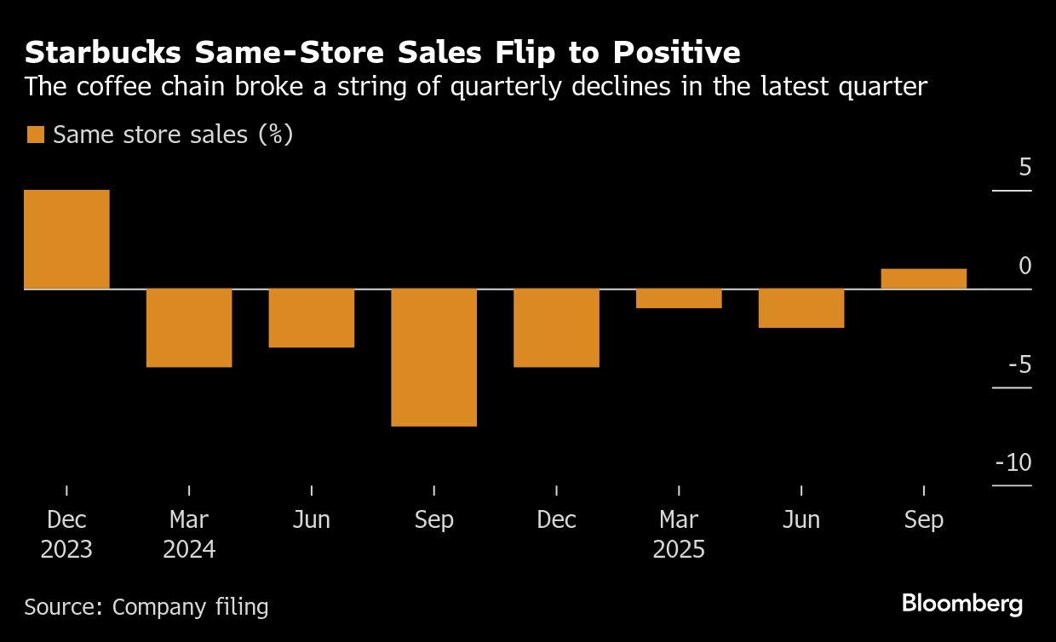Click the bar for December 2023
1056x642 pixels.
pyautogui.click(x=66, y=239)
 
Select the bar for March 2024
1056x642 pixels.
pyautogui.click(x=189, y=328)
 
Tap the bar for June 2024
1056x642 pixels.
pyautogui.click(x=312, y=318)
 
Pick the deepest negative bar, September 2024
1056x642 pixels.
pyautogui.click(x=434, y=358)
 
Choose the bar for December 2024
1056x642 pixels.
pyautogui.click(x=557, y=328)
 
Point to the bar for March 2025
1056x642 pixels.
pyautogui.click(x=680, y=299)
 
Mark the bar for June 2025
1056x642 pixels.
pyautogui.click(x=801, y=308)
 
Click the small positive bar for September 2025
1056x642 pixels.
pyautogui.click(x=924, y=279)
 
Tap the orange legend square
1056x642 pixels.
pyautogui.click(x=35, y=135)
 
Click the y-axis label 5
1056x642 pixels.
pyautogui.click(x=1024, y=167)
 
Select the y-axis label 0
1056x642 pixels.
pyautogui.click(x=1024, y=267)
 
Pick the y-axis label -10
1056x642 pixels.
pyautogui.click(x=1013, y=463)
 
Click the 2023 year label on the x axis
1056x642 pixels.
pyautogui.click(x=66, y=549)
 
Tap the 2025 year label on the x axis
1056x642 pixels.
pyautogui.click(x=679, y=549)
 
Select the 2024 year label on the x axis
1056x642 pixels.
pyautogui.click(x=189, y=549)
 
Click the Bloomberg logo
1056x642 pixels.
pyautogui.click(x=962, y=605)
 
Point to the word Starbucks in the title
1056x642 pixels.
pyautogui.click(x=103, y=53)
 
